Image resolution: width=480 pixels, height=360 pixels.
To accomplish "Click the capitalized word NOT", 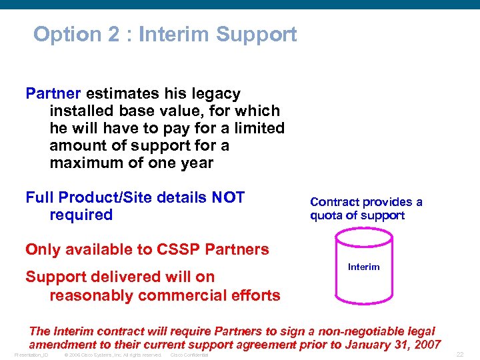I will click(x=228, y=197).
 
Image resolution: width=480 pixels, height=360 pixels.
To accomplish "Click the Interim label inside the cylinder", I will click(x=363, y=267).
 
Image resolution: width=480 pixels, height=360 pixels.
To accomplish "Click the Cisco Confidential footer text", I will click(x=189, y=355).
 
